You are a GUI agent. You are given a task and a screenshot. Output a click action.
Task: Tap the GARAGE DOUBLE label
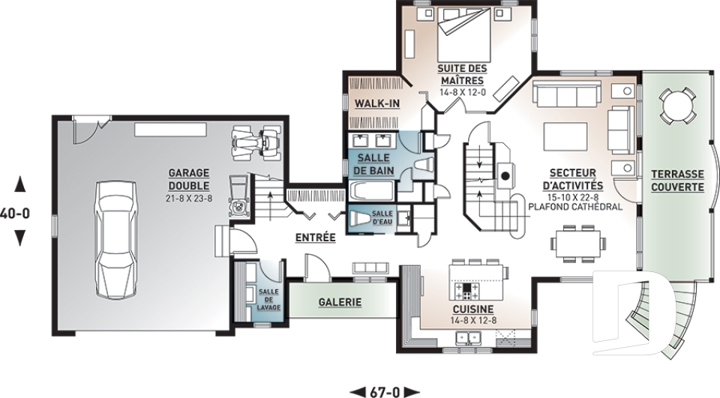tap(189, 179)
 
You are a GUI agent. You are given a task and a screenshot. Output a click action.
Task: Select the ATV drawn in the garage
tap(256, 142)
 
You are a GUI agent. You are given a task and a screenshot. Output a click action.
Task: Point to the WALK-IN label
tap(377, 103)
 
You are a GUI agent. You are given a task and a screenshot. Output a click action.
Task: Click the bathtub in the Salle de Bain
tap(372, 191)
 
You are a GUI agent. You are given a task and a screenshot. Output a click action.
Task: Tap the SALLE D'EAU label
tap(382, 218)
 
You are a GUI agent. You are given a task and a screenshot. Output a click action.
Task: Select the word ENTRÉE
tap(316, 238)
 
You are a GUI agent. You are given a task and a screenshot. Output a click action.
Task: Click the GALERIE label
tap(340, 303)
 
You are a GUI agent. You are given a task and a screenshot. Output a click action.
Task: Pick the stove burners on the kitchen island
tap(466, 291)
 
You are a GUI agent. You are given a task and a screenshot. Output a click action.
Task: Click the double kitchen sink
tap(468, 339)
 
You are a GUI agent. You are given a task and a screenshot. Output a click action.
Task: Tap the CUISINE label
tap(473, 310)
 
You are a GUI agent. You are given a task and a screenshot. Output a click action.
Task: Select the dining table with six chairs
tap(578, 244)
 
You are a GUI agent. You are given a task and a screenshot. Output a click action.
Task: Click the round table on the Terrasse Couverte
tap(676, 105)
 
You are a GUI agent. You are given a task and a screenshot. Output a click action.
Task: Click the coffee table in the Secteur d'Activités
tap(565, 137)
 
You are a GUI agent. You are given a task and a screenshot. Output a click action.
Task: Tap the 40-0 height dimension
tap(15, 214)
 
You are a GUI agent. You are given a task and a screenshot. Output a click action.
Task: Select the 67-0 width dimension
tap(385, 393)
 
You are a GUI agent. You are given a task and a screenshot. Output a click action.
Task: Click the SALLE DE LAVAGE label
tap(268, 300)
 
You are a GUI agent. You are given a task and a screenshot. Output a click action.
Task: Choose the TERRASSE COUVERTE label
tap(677, 181)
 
